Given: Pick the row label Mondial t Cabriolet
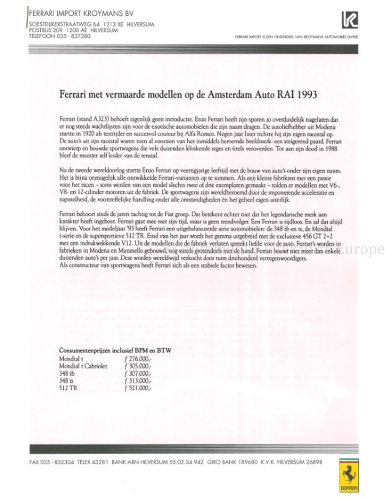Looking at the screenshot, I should [x=83, y=366].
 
